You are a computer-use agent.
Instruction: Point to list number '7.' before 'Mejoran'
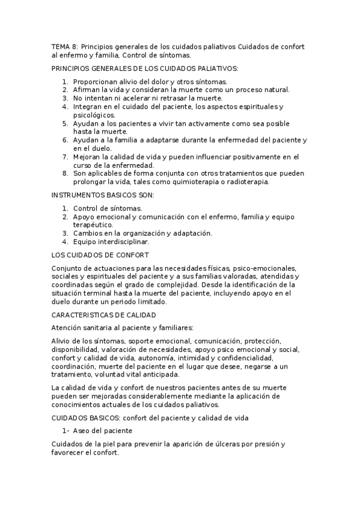[x=65, y=156]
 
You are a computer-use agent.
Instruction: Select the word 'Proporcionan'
[x=97, y=81]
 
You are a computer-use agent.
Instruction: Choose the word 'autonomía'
[x=178, y=358]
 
